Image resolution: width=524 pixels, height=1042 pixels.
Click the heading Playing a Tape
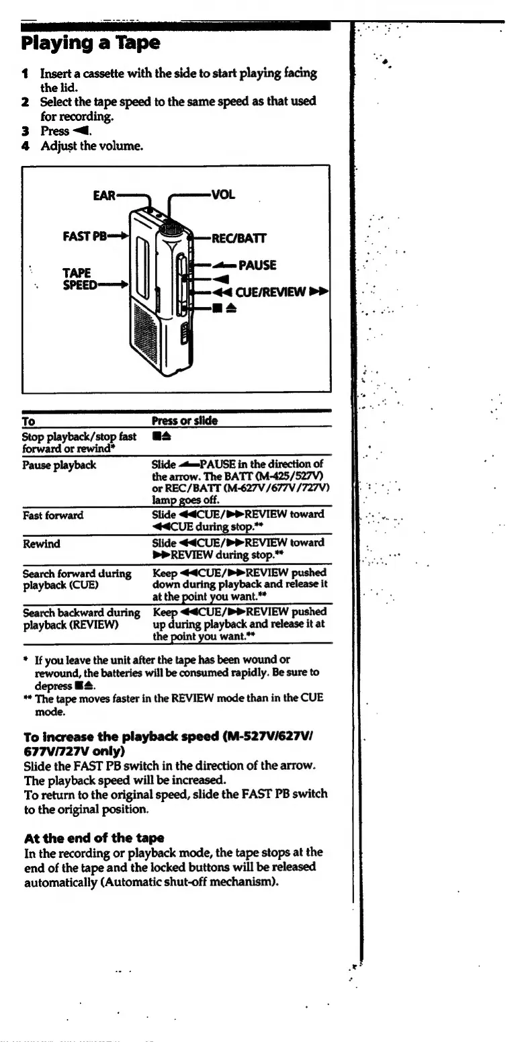point(91,44)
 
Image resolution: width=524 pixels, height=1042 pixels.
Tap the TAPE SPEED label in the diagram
point(77,279)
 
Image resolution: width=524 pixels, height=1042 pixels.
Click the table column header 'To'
point(28,421)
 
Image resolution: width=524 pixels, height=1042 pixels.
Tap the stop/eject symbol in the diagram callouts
point(219,309)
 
